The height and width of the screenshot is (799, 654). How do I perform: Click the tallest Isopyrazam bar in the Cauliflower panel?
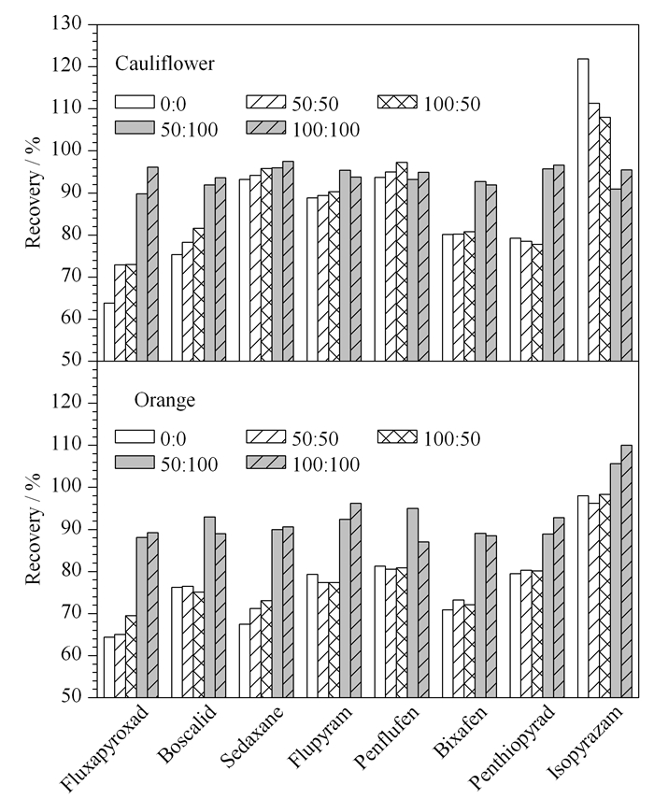coord(583,210)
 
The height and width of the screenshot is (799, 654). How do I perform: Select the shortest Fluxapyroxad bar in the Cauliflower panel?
coord(109,333)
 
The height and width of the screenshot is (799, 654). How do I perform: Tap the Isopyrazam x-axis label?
coord(585,743)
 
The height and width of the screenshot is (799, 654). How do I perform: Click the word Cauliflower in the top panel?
coord(164,64)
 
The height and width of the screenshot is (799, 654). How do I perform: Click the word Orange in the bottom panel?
coord(164,401)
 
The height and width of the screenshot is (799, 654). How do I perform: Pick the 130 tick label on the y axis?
coord(66,23)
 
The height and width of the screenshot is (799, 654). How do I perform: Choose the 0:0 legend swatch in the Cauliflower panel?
coord(134,102)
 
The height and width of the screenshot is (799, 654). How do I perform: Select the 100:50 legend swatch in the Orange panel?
coord(397,436)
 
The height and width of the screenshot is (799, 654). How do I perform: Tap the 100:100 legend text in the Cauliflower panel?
coord(326,130)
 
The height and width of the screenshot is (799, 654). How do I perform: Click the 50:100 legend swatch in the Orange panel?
coord(134,463)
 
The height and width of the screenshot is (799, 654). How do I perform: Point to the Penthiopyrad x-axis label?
coord(511,747)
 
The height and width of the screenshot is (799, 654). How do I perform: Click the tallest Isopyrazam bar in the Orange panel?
coord(627,571)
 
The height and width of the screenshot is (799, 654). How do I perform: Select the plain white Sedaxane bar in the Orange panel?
coord(245,661)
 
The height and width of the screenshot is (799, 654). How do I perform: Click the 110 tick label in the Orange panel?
coord(66,445)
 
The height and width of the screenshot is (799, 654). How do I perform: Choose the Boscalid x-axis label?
coord(188,734)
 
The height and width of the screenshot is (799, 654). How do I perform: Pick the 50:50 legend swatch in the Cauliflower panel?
coord(266,102)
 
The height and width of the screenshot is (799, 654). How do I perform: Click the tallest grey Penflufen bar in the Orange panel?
coord(413,603)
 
